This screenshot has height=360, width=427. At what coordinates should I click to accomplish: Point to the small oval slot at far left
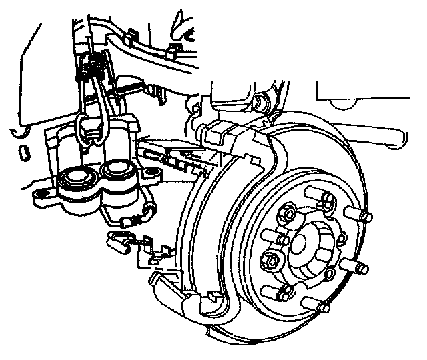tap(23, 153)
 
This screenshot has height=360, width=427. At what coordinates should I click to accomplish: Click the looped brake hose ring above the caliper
tap(87, 127)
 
